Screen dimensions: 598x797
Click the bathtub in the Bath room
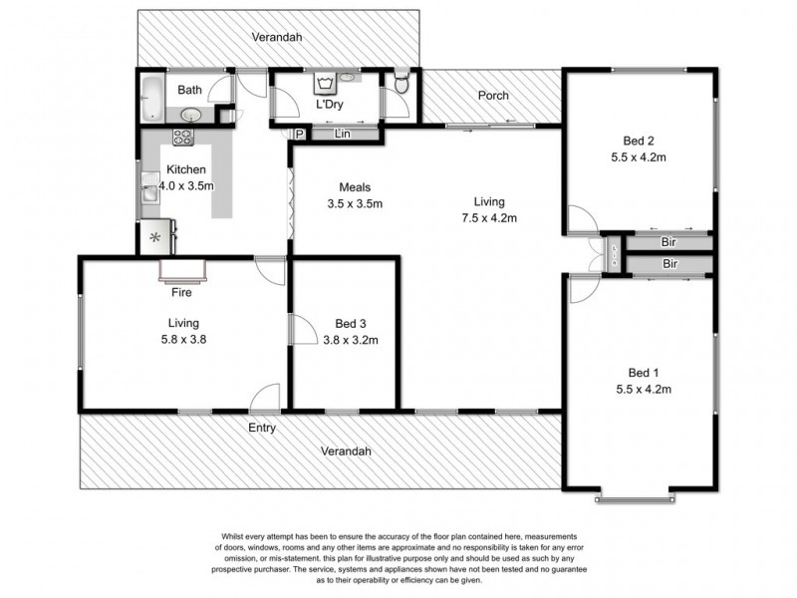click(151, 98)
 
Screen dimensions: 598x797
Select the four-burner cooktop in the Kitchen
click(184, 139)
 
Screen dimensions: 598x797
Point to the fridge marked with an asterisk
click(154, 238)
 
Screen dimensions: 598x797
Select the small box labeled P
click(298, 135)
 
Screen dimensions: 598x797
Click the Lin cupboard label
click(343, 134)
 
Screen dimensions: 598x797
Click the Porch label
click(493, 96)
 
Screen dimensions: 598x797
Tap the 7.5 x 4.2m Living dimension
click(488, 218)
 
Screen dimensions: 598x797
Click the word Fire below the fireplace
click(181, 293)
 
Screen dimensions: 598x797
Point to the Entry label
click(261, 428)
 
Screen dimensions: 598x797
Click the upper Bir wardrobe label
click(669, 241)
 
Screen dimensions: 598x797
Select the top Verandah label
click(277, 37)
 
